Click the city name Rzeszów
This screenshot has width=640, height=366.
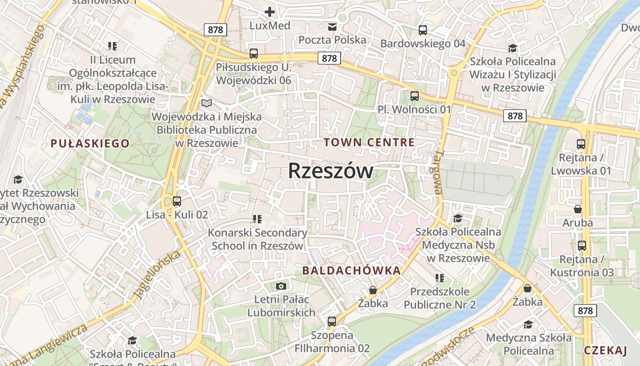click(331, 171)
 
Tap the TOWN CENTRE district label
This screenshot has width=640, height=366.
click(369, 142)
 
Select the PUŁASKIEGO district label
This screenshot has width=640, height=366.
click(90, 144)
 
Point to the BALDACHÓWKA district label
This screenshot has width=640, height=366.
click(352, 270)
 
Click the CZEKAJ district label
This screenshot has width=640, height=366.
click(605, 351)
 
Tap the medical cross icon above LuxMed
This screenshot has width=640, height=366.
click(270, 12)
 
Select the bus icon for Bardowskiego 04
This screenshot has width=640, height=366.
click(423, 30)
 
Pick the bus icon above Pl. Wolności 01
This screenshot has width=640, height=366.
click(415, 96)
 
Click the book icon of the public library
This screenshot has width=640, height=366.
click(207, 103)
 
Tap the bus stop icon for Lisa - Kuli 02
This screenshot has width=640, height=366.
click(177, 201)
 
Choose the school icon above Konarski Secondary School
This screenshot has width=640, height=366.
click(257, 219)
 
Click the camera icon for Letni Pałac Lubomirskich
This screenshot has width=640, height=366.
click(281, 286)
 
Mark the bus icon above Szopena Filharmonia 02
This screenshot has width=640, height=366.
click(332, 321)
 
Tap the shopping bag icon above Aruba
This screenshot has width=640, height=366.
click(578, 209)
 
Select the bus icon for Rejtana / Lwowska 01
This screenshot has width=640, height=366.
click(581, 144)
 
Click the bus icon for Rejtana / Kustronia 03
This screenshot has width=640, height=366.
click(582, 246)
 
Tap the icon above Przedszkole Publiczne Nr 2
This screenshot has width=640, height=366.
click(440, 278)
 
